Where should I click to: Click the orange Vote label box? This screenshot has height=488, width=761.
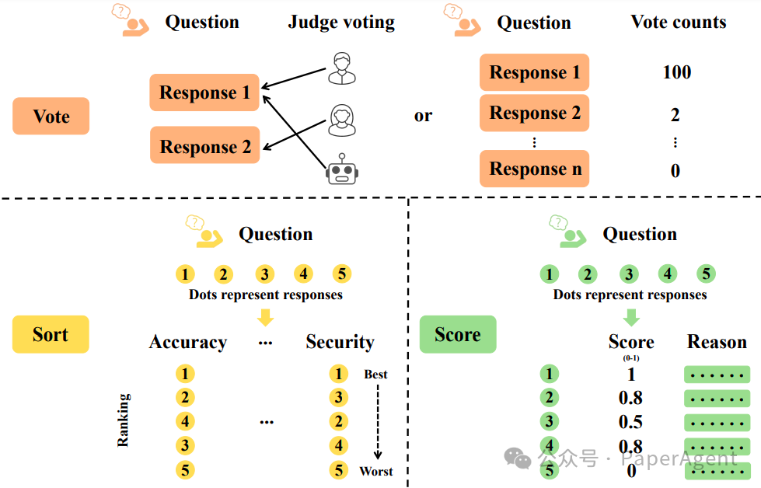coord(51,117)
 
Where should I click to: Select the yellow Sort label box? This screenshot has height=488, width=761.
coord(51,335)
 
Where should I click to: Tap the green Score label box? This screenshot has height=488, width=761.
coord(457,335)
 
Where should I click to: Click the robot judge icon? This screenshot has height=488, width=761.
coord(341,169)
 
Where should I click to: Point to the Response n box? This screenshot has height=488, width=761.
coord(535,169)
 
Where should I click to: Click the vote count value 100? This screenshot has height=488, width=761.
coord(676,73)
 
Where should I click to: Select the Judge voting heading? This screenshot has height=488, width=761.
coord(341,23)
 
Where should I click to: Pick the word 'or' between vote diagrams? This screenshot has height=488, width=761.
coord(423,116)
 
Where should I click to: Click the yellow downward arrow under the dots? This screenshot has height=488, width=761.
coord(266,317)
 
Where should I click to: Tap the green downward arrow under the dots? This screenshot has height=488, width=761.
coord(631,317)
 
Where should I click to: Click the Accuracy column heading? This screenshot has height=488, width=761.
coord(188,343)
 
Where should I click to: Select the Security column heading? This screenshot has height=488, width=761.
coord(340,343)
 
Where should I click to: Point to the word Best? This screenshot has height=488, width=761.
coord(375,375)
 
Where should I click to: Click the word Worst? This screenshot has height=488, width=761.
coord(376,471)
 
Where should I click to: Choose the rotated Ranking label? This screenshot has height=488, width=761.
coord(123,420)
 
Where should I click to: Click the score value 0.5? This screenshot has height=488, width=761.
coord(630,422)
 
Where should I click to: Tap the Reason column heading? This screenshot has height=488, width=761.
coord(717,343)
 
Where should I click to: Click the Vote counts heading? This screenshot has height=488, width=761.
coord(678,23)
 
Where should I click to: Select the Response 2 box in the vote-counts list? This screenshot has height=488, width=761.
coord(535,113)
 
